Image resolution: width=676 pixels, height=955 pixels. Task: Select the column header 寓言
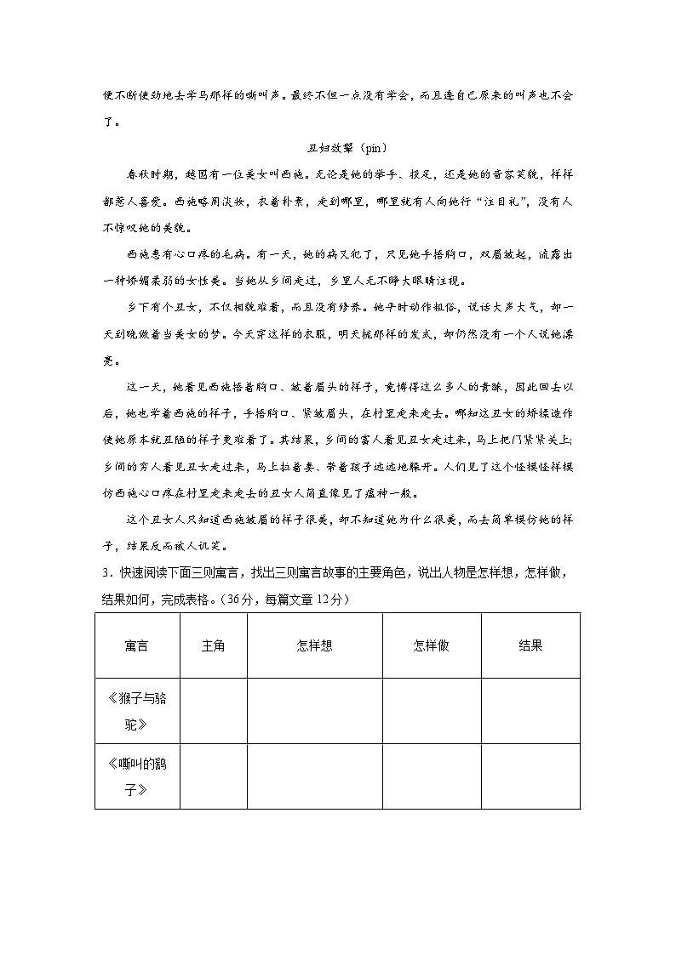136,645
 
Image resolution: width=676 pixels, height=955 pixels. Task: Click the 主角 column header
213,645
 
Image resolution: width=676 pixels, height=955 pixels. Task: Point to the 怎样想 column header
314,645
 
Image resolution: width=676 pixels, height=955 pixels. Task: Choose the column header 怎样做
431,645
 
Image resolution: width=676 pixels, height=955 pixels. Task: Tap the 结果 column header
530,645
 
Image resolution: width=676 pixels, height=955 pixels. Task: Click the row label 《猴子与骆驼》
136,712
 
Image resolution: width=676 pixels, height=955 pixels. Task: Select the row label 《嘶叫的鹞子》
136,776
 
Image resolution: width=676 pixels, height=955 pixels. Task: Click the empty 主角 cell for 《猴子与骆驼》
213,712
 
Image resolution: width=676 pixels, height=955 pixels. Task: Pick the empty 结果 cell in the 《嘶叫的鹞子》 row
530,776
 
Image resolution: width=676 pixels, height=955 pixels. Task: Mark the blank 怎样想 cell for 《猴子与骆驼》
314,712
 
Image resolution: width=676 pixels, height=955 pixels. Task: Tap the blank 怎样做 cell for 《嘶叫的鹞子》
431,776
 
